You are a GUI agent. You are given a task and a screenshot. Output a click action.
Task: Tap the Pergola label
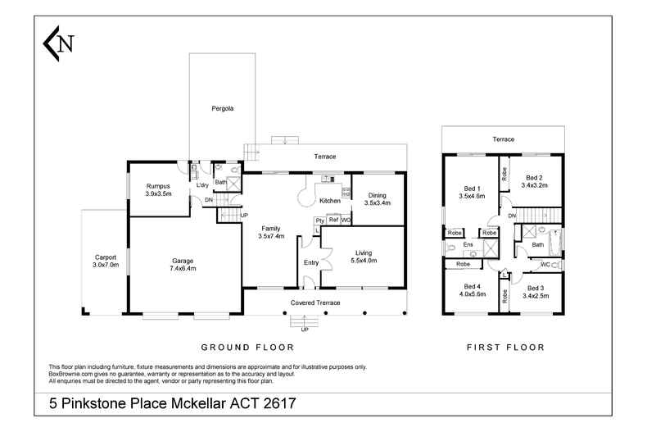(x=223, y=108)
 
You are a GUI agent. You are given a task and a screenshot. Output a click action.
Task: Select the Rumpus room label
(x=158, y=190)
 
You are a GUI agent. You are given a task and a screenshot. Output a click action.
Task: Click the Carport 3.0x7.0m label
(x=106, y=261)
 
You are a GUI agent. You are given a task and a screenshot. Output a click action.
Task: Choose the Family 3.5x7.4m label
(x=271, y=232)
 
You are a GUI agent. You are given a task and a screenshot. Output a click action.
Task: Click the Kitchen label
(x=329, y=201)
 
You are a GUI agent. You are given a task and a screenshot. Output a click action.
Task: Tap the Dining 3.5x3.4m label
(x=377, y=198)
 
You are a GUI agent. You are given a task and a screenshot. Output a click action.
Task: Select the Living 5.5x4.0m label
(x=364, y=257)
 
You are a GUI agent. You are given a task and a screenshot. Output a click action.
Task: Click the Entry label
(x=311, y=262)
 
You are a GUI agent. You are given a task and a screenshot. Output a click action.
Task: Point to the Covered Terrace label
(x=315, y=302)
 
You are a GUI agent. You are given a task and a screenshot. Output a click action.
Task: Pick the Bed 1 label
(x=473, y=192)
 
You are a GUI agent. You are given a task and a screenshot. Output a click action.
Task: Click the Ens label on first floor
(x=468, y=245)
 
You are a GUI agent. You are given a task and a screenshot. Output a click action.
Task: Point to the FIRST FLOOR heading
(x=505, y=348)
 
